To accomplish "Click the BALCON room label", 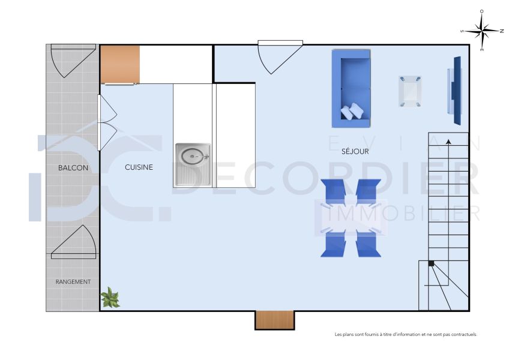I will [73, 168].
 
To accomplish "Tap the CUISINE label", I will [139, 167].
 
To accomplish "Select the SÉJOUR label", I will [355, 152].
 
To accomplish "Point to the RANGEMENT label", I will [73, 281].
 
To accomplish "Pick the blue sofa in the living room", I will [351, 88].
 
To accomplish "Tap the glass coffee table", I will [411, 91].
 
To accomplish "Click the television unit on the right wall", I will [454, 91].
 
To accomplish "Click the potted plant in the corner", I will [110, 297].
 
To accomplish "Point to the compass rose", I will [483, 30].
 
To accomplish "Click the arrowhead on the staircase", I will [449, 142].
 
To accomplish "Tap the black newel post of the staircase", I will [431, 263].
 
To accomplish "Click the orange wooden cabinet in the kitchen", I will [120, 64].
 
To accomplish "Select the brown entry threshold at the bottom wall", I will [274, 320].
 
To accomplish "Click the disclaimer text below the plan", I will [405, 334].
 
